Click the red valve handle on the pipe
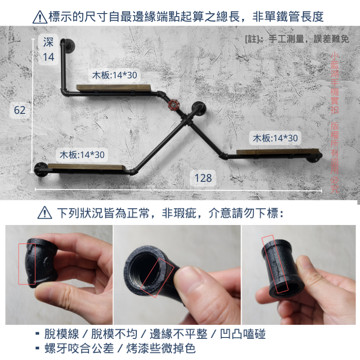point(173,106)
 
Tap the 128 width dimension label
point(203,178)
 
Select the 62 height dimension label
point(19,110)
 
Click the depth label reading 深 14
point(49,50)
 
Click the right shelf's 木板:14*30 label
point(275,138)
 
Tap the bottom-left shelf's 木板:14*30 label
point(82,155)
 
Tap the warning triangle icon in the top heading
point(40,18)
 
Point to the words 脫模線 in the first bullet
point(62,334)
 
